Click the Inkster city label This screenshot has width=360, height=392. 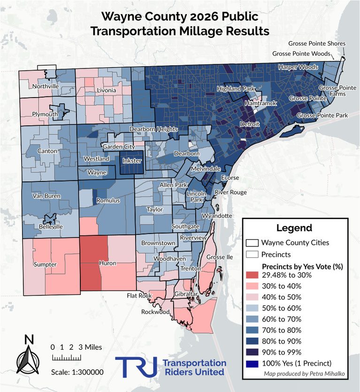click(132, 161)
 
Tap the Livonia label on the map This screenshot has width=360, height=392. click(107, 90)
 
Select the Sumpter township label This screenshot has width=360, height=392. click(45, 264)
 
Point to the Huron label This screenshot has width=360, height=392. click(107, 263)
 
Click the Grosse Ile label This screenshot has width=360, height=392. click(220, 257)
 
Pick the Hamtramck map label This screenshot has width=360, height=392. click(260, 103)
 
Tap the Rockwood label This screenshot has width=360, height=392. click(155, 312)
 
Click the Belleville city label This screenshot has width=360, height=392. click(51, 227)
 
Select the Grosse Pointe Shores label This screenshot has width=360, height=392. click(317, 44)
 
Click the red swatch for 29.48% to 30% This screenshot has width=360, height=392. click(252, 275)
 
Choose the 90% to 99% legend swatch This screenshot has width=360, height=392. click(252, 352)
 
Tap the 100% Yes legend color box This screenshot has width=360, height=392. click(252, 363)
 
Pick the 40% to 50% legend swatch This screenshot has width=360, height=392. click(252, 297)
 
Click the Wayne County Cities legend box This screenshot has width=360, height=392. click(252, 243)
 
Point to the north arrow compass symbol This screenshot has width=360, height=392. click(29, 355)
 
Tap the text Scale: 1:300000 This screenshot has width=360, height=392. click(77, 372)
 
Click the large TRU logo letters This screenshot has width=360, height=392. click(136, 367)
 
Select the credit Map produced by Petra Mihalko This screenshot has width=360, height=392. click(304, 374)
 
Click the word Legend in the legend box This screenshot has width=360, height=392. click(294, 228)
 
